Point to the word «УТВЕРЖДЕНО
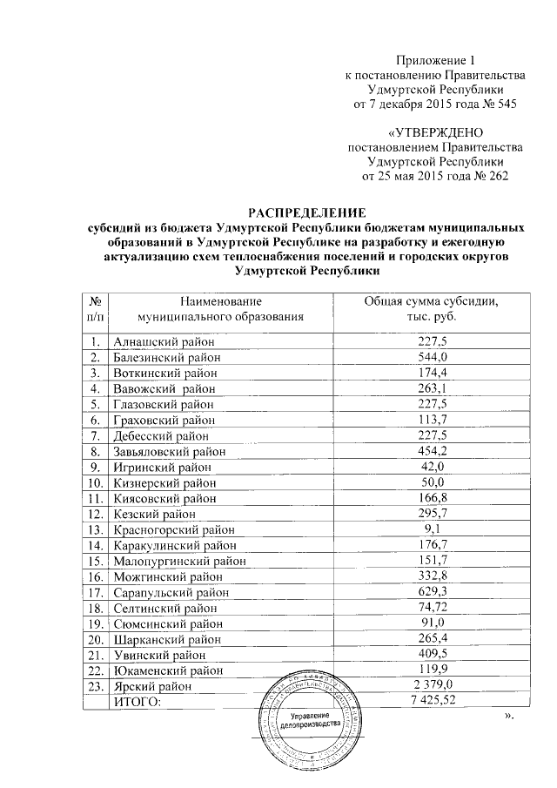coord(433,133)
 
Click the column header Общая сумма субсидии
coord(432,301)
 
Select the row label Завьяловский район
coord(169,451)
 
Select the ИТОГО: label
coord(138,702)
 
